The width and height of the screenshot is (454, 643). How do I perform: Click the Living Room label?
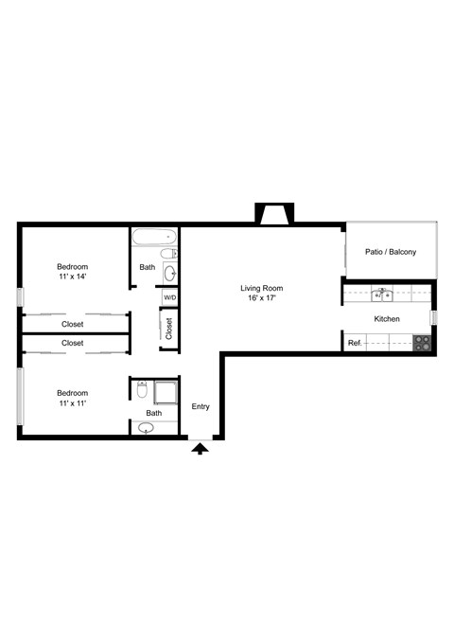click(261, 288)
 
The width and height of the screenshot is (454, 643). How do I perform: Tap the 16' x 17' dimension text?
click(261, 298)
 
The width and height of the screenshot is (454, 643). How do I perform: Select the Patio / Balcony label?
click(391, 251)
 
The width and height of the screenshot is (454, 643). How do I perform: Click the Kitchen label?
click(388, 319)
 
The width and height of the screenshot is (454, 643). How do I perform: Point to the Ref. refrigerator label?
click(355, 343)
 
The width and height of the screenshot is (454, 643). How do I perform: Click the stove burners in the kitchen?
click(422, 343)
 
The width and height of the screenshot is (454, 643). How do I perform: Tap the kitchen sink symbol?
click(383, 294)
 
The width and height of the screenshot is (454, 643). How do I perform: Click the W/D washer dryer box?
click(169, 297)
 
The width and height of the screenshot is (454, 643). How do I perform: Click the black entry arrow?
click(200, 448)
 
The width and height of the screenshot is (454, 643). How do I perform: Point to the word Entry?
click(201, 407)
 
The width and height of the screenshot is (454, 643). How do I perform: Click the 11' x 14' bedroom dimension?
click(72, 277)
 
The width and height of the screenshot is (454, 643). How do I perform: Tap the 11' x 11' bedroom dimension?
click(72, 403)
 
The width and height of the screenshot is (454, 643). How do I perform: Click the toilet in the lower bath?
click(141, 389)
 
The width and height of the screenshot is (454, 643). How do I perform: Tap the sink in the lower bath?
click(146, 427)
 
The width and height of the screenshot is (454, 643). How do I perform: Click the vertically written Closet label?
click(169, 329)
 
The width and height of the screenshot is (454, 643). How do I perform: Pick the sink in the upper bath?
click(169, 273)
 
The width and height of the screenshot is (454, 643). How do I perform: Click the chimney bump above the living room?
click(275, 214)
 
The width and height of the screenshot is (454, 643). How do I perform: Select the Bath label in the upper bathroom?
click(148, 267)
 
